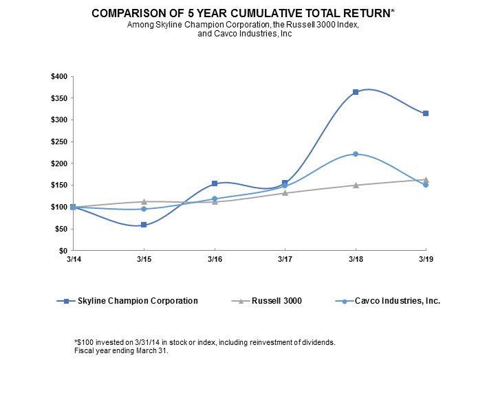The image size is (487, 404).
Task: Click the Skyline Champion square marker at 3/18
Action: pos(356,92)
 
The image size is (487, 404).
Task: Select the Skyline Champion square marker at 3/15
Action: pos(144,225)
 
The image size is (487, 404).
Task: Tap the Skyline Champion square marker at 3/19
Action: pos(426,113)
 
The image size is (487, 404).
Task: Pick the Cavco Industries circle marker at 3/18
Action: pos(356,154)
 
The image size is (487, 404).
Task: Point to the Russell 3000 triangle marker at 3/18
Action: pos(356,185)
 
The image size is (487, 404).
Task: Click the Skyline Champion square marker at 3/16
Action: pos(215,183)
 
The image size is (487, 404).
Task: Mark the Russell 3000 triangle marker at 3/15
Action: pos(144,201)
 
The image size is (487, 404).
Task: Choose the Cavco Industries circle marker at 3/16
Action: pos(215,199)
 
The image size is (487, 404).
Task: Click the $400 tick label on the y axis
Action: pos(59,76)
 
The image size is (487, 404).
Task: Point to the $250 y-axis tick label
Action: pos(59,142)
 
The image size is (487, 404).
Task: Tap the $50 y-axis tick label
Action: pos(61,229)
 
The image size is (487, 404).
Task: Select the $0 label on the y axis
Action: pos(63,251)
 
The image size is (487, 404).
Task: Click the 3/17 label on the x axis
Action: pos(285,260)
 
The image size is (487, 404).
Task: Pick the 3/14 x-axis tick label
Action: pos(73,260)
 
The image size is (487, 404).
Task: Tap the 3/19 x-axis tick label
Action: pos(426,260)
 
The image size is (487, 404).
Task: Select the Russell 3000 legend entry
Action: pos(272,301)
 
